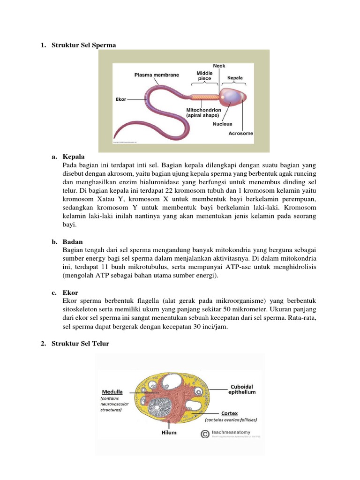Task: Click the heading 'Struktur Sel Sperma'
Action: coord(83,45)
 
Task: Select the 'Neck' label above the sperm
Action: coord(219,66)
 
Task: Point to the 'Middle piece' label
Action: coord(204,76)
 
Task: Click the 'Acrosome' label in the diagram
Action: coord(240,133)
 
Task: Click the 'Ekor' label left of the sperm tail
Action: coord(121,99)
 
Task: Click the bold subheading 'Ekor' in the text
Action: coord(70,292)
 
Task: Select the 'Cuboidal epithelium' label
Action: coord(242,390)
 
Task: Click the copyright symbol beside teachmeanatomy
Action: coord(204,435)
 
